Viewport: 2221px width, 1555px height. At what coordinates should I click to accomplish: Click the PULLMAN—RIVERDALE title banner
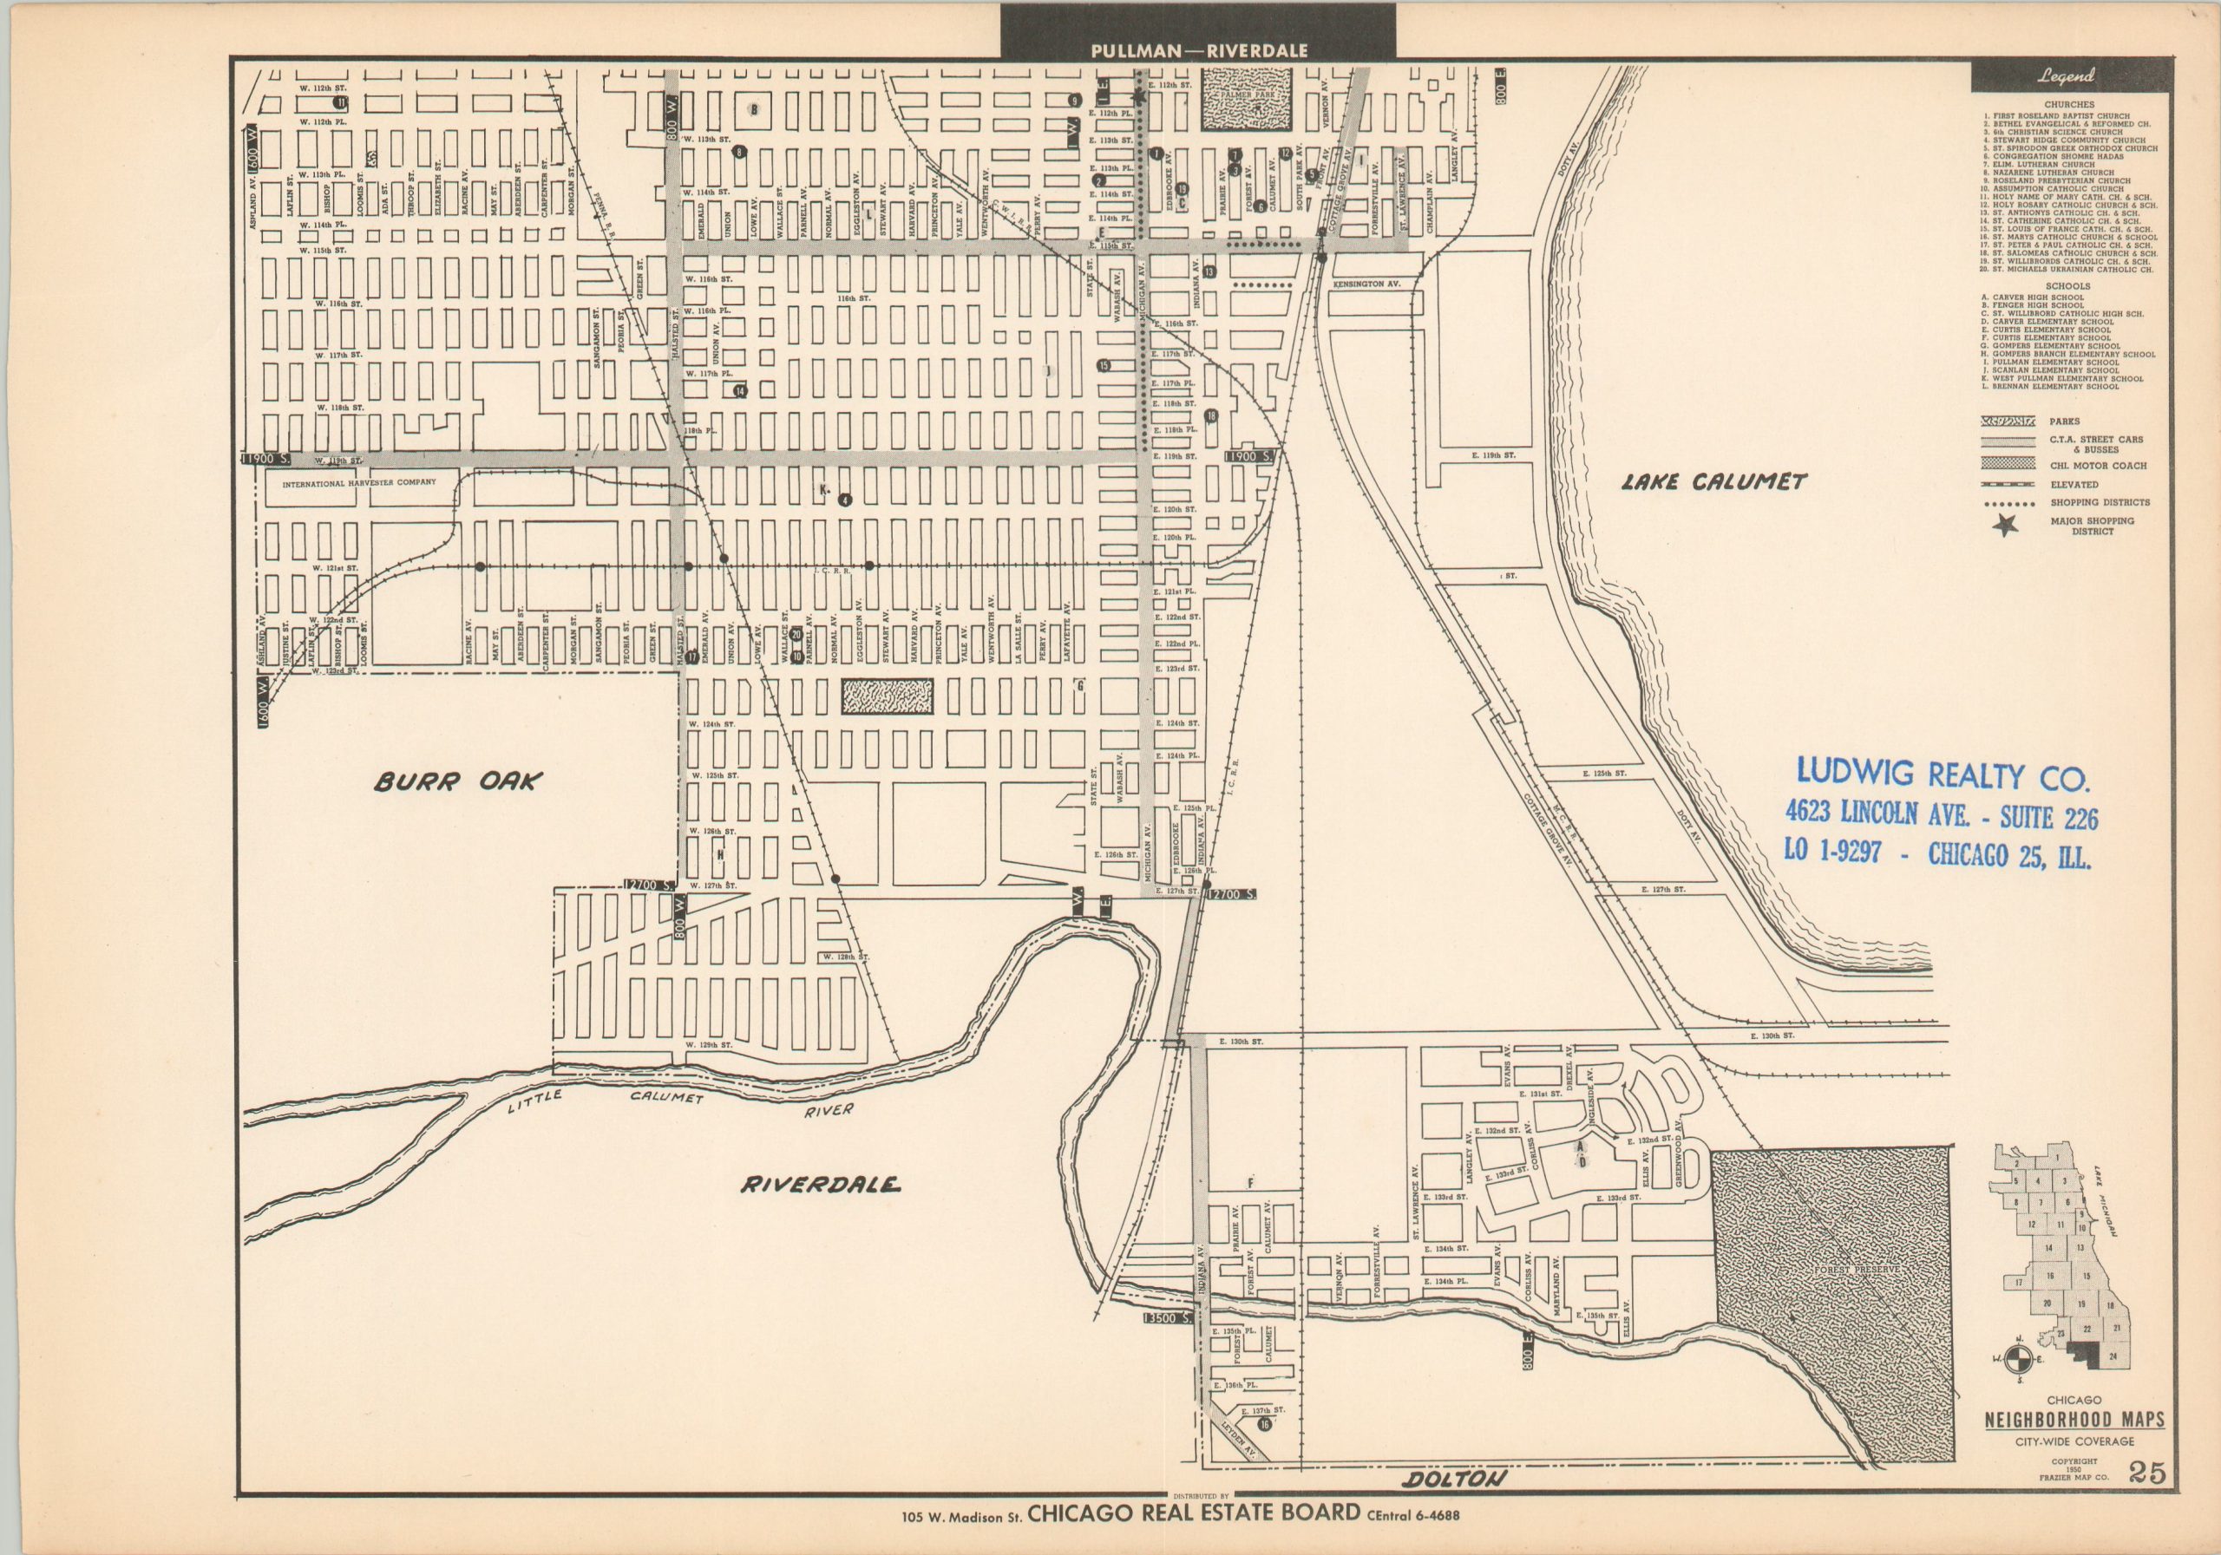coord(1198,50)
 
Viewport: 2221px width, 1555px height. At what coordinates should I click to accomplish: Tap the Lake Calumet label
coord(1713,481)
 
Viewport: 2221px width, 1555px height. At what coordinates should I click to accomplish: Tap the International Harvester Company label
coord(359,481)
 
